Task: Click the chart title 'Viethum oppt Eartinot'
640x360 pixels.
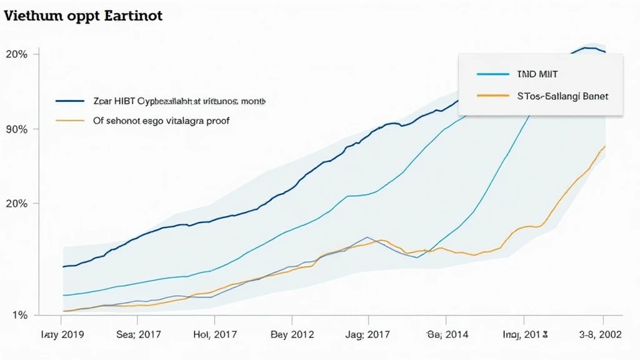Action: (x=83, y=16)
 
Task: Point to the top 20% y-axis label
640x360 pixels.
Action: (x=16, y=54)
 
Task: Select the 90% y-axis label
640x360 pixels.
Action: (x=16, y=129)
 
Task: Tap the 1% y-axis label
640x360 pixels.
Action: (x=20, y=315)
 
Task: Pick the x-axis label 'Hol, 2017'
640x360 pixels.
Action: (x=215, y=334)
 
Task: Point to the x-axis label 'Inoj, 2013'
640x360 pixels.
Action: (x=526, y=334)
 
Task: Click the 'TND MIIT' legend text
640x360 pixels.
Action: (x=536, y=74)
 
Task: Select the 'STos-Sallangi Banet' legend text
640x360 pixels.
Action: (x=562, y=97)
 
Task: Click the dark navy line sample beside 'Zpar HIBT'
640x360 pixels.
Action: (x=69, y=101)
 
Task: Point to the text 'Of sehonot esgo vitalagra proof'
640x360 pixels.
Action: (x=161, y=121)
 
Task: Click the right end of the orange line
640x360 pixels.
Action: (x=605, y=146)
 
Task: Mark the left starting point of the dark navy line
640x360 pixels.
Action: (x=64, y=267)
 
